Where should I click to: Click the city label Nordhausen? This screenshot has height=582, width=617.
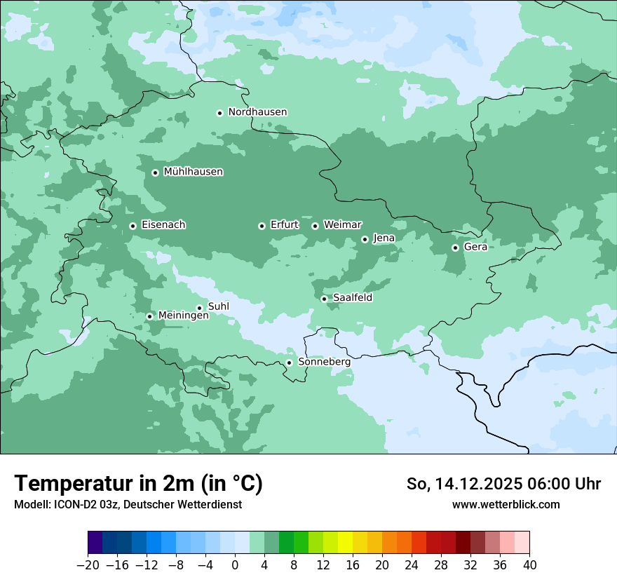click(257, 112)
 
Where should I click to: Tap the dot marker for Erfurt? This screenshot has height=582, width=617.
click(262, 226)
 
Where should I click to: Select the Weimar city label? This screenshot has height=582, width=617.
click(342, 225)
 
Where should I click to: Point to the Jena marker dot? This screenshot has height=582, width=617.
click(365, 239)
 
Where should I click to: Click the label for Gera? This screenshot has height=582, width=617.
click(475, 247)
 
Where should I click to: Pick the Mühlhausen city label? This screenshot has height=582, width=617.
click(193, 172)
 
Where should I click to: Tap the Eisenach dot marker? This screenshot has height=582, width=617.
click(133, 226)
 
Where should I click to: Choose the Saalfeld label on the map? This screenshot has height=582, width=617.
click(352, 298)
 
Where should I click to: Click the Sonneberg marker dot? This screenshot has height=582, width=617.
click(289, 363)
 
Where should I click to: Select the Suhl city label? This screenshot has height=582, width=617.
click(219, 306)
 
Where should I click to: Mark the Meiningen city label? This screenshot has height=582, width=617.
click(183, 316)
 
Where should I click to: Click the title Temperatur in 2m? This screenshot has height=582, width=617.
click(138, 483)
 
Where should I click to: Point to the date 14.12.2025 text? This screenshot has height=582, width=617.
click(477, 484)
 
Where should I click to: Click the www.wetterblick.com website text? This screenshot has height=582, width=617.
click(506, 504)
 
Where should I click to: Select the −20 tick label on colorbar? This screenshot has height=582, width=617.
click(88, 564)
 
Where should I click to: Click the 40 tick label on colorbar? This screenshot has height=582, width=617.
click(529, 564)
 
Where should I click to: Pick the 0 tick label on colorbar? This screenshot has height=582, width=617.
click(235, 564)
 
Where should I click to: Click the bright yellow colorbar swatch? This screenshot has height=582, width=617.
click(345, 543)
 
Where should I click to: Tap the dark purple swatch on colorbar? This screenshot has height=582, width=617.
click(95, 543)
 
